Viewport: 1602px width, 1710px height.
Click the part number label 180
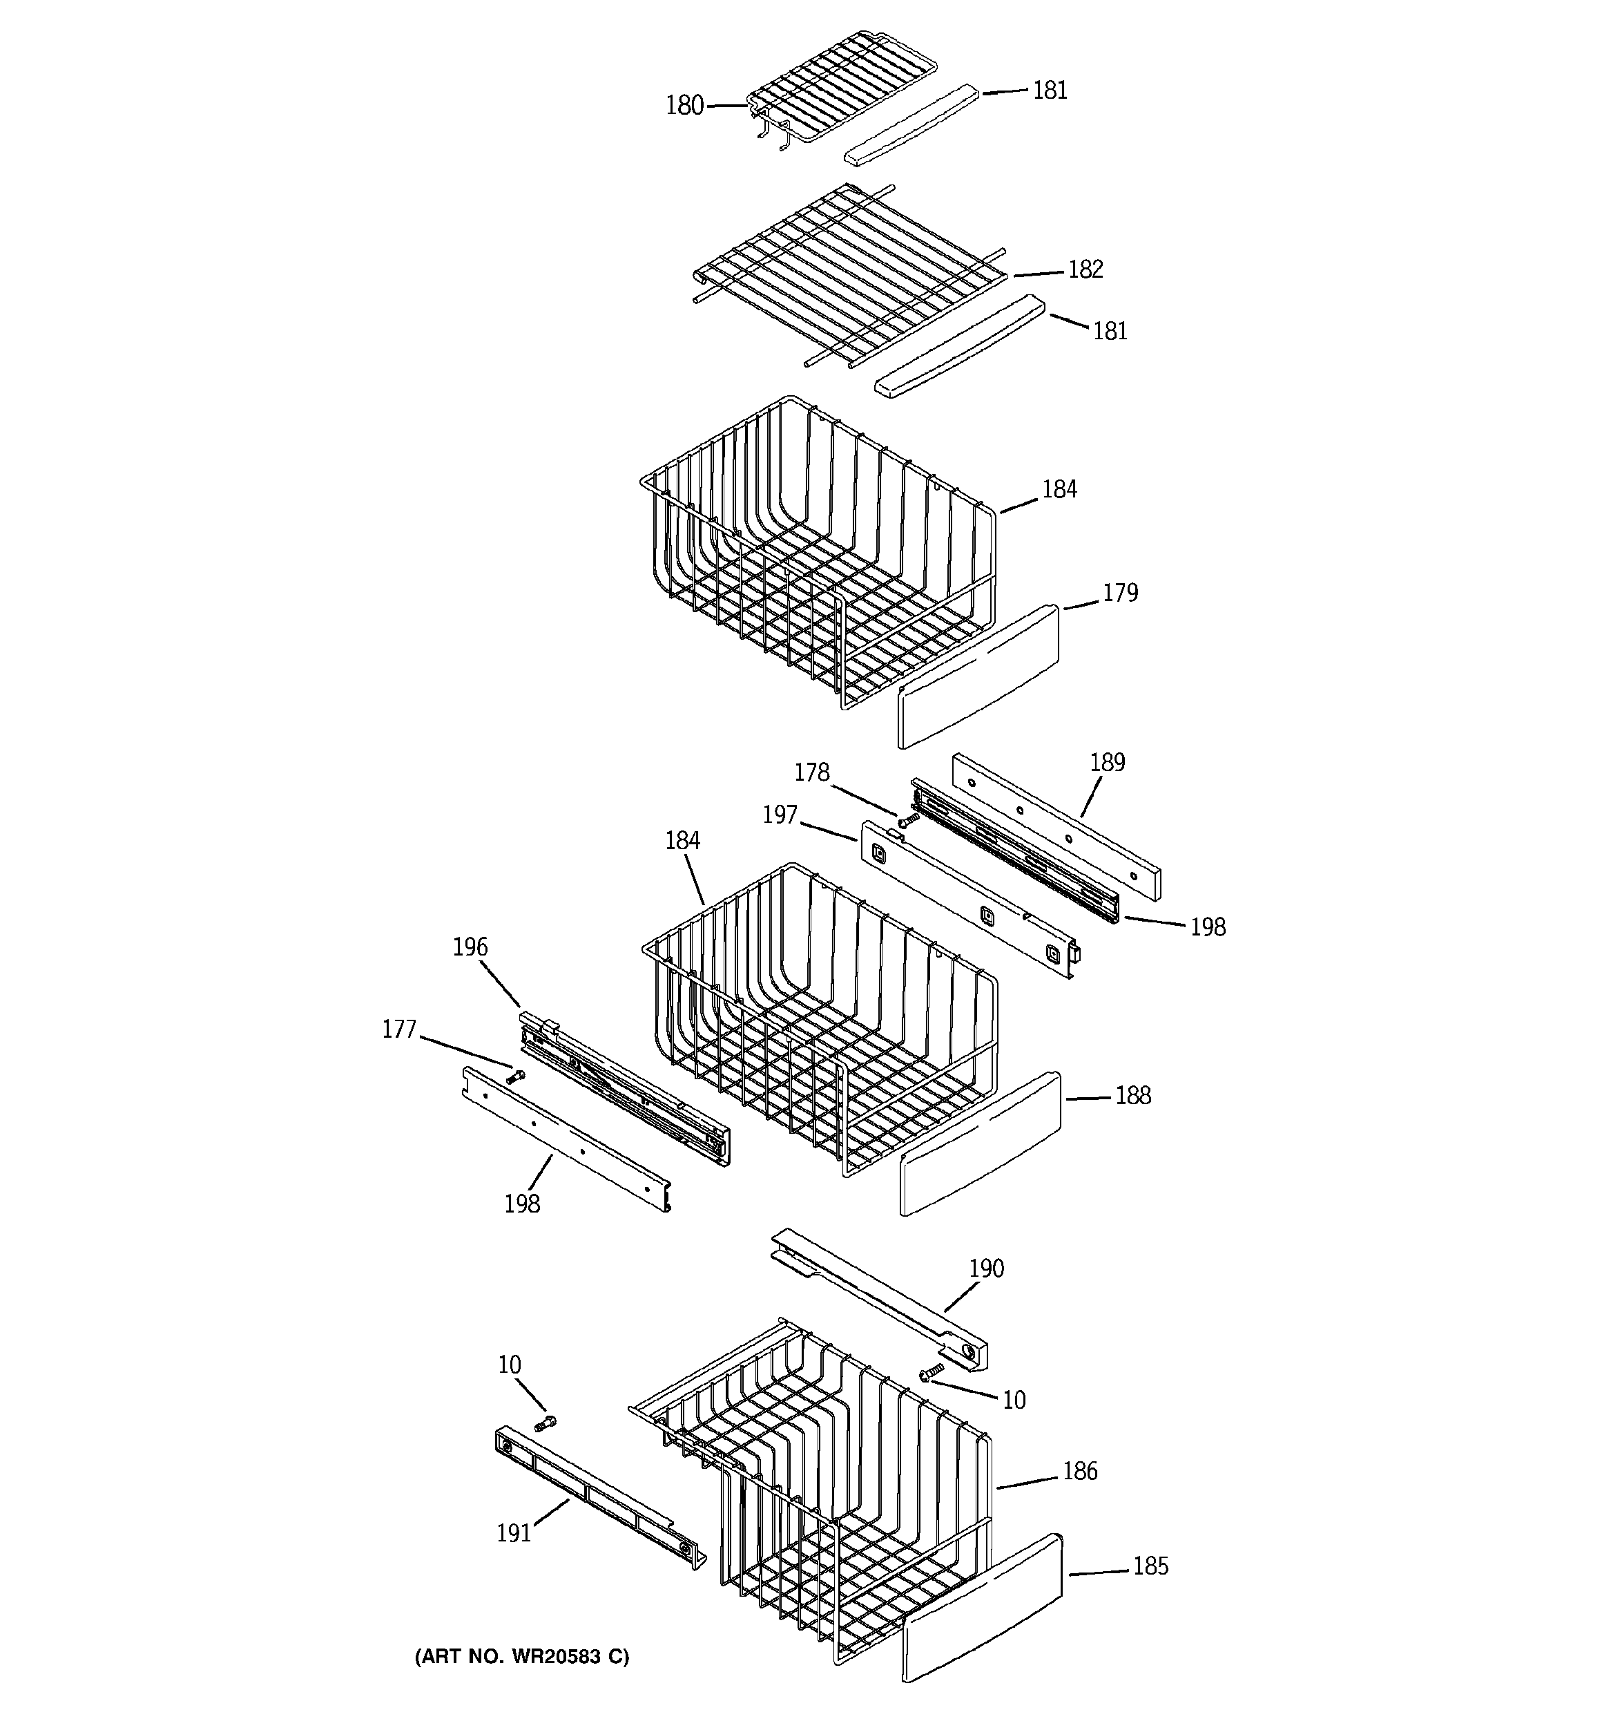coord(684,106)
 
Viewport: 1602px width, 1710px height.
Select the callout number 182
coord(1085,269)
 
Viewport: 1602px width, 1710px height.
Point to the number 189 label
coord(1107,762)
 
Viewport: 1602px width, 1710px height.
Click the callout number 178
coord(811,772)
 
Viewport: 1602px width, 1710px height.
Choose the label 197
coord(780,814)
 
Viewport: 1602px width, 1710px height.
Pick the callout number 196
coord(470,947)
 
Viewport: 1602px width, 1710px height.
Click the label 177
coord(399,1029)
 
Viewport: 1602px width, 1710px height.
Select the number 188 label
coord(1132,1095)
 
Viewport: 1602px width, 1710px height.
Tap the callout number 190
coord(986,1268)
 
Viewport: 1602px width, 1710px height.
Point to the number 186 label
coord(1080,1471)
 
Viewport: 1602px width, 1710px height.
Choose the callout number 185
coord(1150,1566)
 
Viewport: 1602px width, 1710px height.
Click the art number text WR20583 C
coord(522,1656)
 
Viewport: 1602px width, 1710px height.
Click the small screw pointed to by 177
coord(515,1075)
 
